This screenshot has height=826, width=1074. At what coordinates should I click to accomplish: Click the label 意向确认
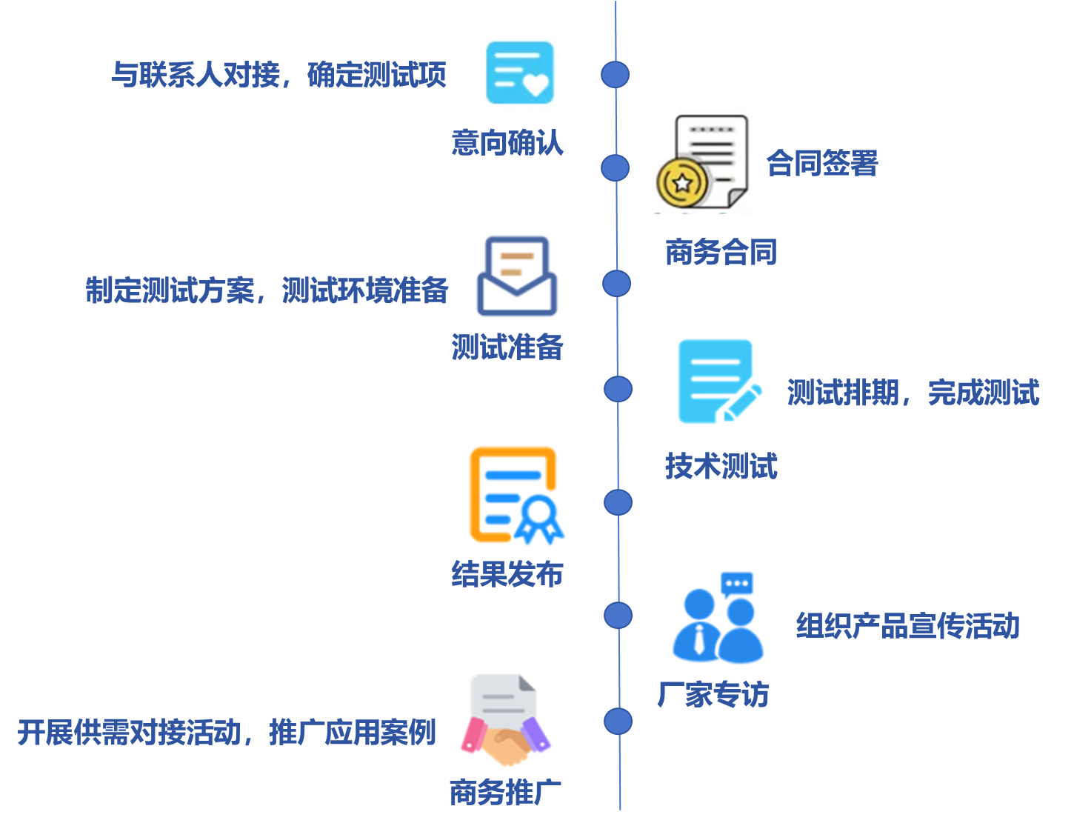[x=507, y=143]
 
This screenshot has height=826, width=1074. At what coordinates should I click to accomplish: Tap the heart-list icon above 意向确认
[x=520, y=74]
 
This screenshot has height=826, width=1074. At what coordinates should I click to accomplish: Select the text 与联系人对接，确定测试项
[x=278, y=75]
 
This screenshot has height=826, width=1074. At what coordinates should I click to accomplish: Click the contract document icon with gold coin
[x=702, y=157]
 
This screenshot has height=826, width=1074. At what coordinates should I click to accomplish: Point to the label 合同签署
[x=821, y=163]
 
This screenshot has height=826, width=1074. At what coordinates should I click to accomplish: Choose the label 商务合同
[x=721, y=253]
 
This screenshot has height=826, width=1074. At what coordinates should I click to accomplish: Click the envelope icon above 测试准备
[x=523, y=274]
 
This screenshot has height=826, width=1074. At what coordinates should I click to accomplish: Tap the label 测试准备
[x=507, y=347]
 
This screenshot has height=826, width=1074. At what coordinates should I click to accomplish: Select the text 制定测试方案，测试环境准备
[x=267, y=290]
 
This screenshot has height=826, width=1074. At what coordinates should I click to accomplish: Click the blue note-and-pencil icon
[x=718, y=379]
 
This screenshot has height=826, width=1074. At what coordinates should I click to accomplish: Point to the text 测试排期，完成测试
[x=913, y=393]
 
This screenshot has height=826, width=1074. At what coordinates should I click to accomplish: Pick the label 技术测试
[x=721, y=467]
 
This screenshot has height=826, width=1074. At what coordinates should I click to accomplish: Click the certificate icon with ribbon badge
[x=515, y=492]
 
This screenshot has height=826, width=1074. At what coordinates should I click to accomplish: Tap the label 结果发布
[x=507, y=574]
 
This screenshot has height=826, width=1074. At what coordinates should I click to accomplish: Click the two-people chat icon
[x=716, y=612]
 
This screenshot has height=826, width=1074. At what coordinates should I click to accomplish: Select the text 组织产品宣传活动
[x=907, y=627]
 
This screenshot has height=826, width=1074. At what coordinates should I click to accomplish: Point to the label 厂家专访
[x=713, y=695]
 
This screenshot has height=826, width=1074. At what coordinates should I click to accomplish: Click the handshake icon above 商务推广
[x=508, y=716]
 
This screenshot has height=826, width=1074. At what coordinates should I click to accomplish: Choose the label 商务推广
[x=506, y=793]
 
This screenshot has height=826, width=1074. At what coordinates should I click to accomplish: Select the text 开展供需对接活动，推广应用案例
[x=227, y=733]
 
